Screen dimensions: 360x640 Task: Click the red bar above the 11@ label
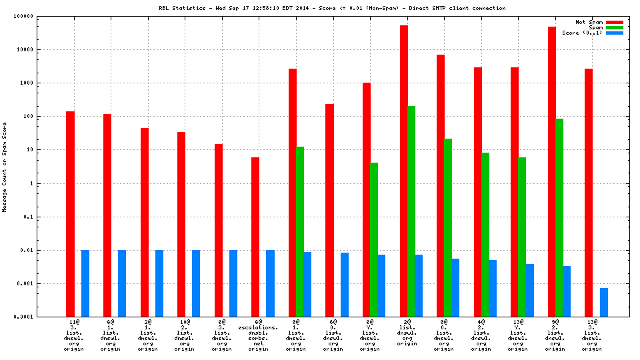tap(70, 213)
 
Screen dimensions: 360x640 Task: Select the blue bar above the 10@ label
tap(196, 283)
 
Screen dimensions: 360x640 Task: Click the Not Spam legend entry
tap(589, 22)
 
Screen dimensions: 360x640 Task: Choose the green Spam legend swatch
tap(613, 27)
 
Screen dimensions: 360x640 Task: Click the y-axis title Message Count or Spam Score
tap(5, 167)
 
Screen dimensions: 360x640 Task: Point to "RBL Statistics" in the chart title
tap(181, 8)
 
